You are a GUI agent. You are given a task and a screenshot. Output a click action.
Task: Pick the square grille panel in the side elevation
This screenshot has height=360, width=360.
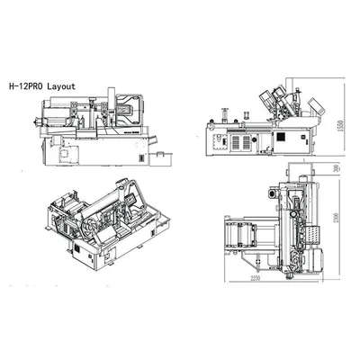238,141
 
